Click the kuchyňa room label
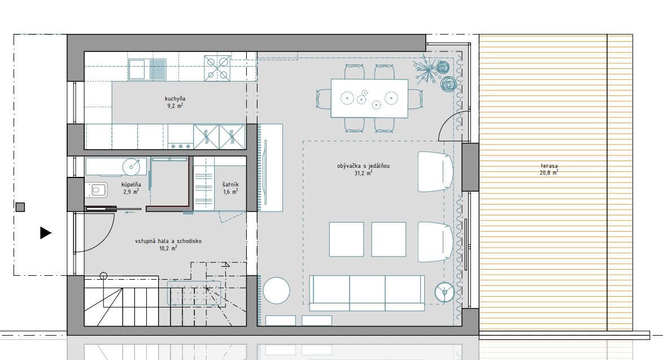point(175,98)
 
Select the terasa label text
point(549,166)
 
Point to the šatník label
point(230,184)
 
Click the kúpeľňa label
point(131,184)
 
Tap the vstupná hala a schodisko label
point(168,241)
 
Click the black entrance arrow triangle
point(46,233)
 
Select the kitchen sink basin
point(137,70)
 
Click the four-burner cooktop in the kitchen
point(217,68)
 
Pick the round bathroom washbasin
point(132,167)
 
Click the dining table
point(369,98)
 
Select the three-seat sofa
point(367,293)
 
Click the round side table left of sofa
point(277,290)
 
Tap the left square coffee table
point(346,240)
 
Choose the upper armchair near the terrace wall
point(435,172)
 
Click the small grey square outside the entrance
point(20,207)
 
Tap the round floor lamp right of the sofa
point(445,292)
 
